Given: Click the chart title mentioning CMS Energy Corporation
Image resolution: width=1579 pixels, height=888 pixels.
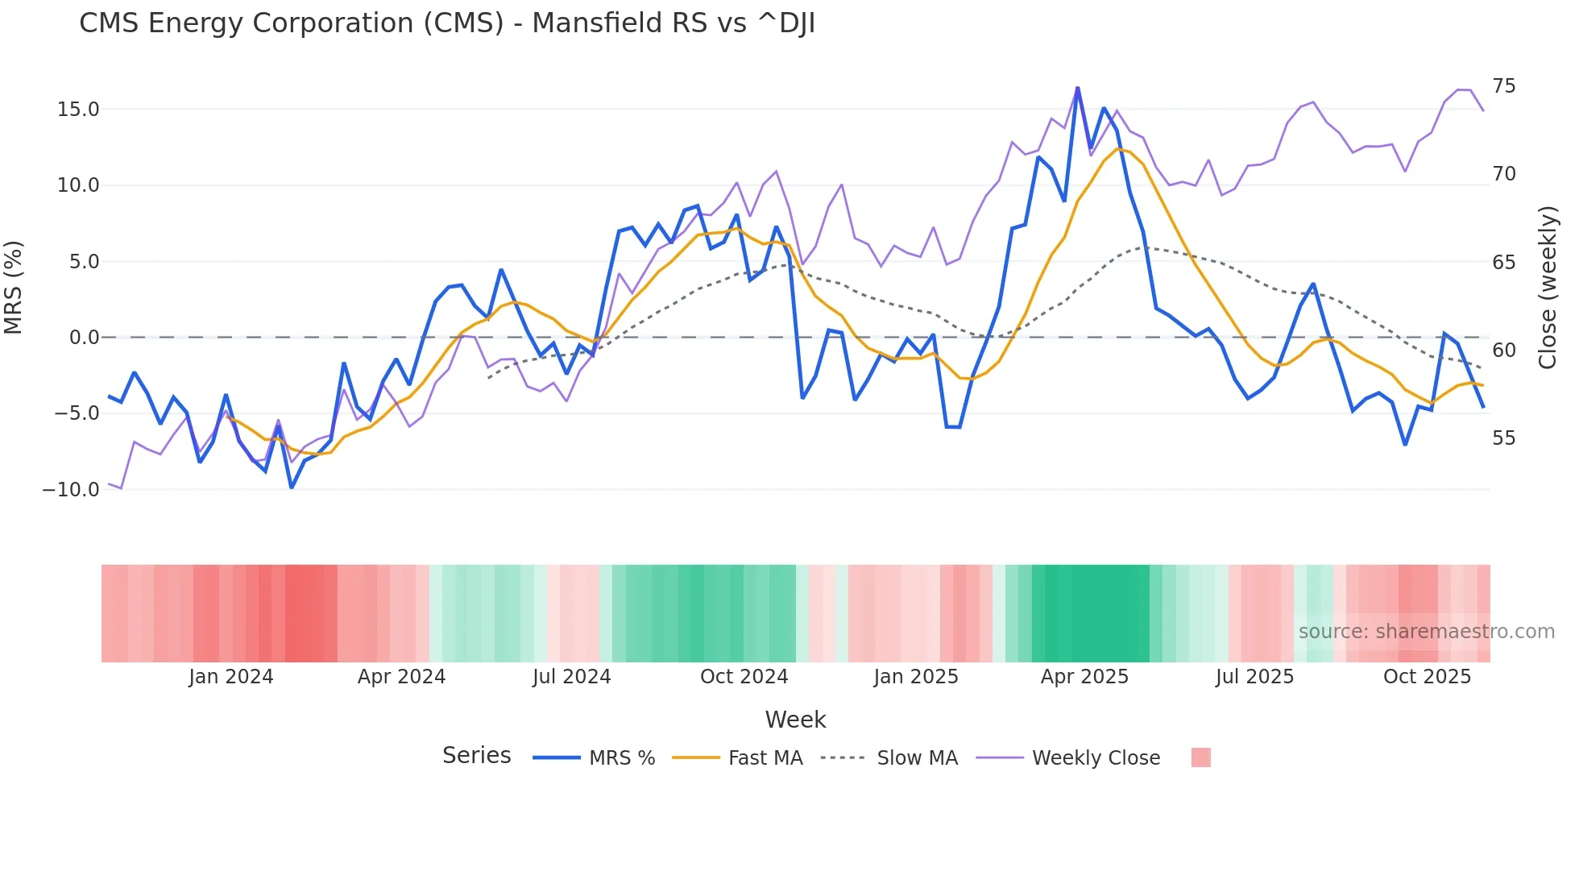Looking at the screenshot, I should [x=447, y=23].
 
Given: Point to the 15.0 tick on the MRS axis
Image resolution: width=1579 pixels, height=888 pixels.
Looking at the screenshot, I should [x=78, y=110].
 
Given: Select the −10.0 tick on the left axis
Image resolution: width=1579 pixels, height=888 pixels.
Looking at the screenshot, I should [x=71, y=490].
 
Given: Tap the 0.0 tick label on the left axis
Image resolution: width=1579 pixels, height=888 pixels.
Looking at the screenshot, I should [x=84, y=338].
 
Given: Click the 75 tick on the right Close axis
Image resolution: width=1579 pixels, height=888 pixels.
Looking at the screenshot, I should [x=1503, y=86].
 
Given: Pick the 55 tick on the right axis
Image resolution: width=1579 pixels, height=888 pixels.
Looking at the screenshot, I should [x=1503, y=438].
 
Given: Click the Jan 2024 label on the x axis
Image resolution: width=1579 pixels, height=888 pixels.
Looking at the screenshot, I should [x=231, y=677].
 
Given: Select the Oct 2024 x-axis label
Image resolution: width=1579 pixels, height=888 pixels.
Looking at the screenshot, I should [x=744, y=677].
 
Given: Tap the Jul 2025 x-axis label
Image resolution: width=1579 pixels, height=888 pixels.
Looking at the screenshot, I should [x=1254, y=677].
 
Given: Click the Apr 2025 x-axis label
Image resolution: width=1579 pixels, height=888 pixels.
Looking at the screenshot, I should [x=1084, y=677].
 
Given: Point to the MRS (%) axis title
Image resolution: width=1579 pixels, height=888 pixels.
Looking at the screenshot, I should [x=14, y=287].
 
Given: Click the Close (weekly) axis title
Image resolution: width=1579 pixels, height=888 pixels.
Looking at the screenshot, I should [x=1548, y=288].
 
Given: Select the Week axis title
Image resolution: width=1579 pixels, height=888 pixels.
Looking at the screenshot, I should [x=795, y=720].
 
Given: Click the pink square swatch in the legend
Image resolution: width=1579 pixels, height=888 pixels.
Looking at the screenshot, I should [x=1200, y=757].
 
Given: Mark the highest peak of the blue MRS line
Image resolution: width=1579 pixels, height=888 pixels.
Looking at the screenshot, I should [x=1077, y=88].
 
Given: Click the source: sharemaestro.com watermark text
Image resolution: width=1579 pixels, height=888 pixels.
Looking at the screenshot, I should [x=1426, y=632].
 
